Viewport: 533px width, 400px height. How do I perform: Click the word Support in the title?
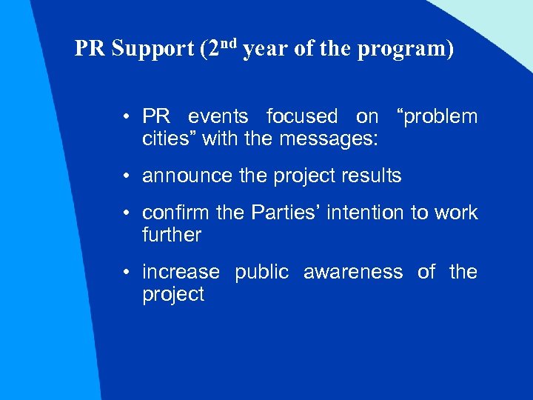click(152, 49)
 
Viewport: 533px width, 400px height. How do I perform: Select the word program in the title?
click(406, 50)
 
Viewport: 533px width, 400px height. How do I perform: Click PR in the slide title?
click(90, 49)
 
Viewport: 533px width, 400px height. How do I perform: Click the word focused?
click(301, 116)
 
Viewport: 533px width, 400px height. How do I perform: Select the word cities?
click(166, 138)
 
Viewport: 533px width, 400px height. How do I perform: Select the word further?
click(171, 235)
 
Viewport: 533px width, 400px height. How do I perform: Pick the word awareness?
click(353, 272)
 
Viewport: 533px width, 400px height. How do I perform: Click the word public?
click(261, 273)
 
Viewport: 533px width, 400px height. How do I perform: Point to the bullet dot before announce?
click(127, 177)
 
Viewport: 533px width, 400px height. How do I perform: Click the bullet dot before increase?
click(127, 273)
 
